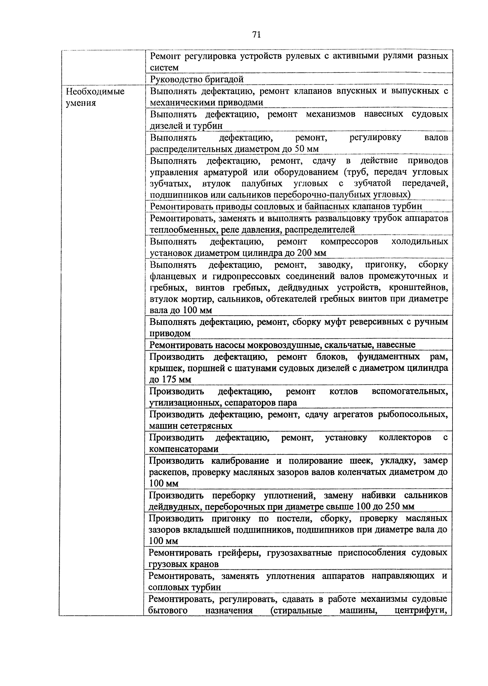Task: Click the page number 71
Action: pyautogui.click(x=256, y=35)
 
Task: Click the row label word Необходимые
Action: pyautogui.click(x=95, y=91)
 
